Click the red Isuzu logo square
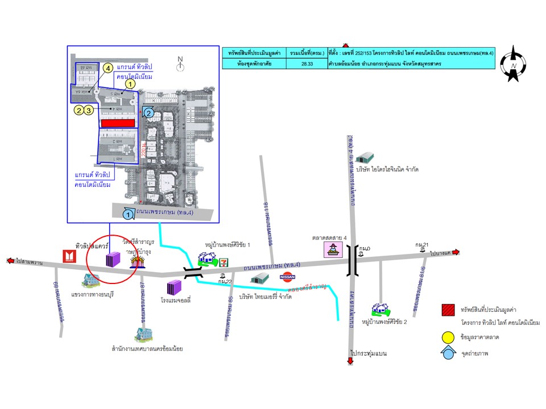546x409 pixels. click(69, 256)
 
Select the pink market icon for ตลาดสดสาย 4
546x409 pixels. click(332, 249)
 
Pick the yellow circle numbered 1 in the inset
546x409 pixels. click(130, 84)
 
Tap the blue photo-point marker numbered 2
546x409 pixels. click(148, 112)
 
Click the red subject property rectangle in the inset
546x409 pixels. click(118, 123)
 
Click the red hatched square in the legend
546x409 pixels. click(448, 310)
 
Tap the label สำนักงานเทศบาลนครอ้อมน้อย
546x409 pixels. click(146, 349)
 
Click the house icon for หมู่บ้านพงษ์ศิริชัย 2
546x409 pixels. click(380, 308)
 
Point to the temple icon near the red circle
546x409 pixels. click(137, 261)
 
